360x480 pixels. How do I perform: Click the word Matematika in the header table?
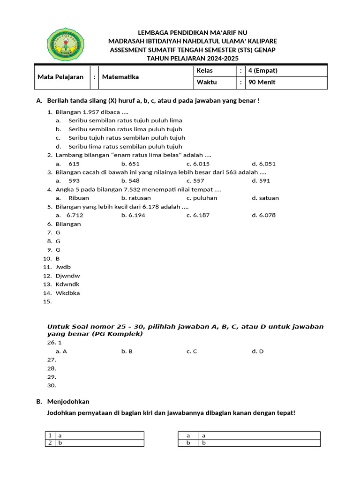pos(120,77)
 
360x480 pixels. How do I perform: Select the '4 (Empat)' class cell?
pos(263,71)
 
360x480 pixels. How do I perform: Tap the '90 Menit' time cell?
pos(262,82)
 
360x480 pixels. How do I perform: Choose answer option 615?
pos(74,164)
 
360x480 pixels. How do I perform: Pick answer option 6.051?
pos(267,164)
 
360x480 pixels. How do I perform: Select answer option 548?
pos(134,181)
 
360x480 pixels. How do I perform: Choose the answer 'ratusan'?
pos(136,198)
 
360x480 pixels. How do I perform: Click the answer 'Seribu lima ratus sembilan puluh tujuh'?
pos(125,147)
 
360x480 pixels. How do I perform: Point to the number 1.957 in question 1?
pos(92,112)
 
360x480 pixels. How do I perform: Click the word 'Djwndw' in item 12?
pos(67,276)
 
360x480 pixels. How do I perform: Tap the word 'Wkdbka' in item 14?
pos(67,293)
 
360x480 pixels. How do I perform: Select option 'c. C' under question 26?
pos(192,351)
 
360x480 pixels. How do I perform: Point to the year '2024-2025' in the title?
pos(219,58)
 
